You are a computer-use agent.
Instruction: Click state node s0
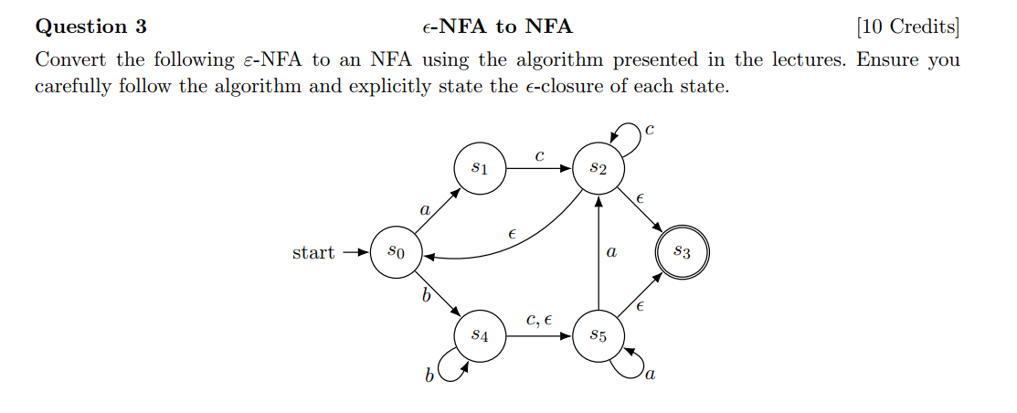tap(392, 251)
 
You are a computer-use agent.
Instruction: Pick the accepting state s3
tap(682, 251)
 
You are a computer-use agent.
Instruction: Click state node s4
tap(480, 336)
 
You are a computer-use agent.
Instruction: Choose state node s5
tap(598, 336)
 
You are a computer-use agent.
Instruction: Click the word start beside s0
tap(313, 252)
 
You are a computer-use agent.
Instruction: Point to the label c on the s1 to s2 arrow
tap(539, 156)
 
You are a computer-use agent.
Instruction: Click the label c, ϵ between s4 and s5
tap(539, 320)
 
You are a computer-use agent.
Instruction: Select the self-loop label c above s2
tap(650, 130)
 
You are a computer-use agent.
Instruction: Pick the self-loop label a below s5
tap(650, 374)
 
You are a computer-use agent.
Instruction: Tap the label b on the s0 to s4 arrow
tap(425, 294)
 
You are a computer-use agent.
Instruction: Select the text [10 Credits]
tap(908, 26)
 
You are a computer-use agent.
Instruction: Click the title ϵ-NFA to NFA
tap(497, 26)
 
